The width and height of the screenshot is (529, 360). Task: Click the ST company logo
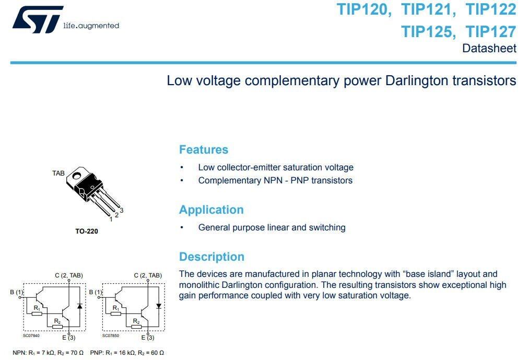coord(38,20)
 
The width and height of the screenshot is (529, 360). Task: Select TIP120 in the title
coord(364,9)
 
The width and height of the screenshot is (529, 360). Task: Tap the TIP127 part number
coord(491,31)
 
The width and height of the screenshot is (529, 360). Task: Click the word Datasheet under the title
coord(489,49)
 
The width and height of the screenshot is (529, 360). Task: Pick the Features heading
coord(203,149)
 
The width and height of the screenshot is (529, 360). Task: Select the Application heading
coord(211,210)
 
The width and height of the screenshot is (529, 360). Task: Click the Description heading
coord(211,257)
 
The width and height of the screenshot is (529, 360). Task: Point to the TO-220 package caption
coord(86,231)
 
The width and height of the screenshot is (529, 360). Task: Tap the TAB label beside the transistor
coord(58,173)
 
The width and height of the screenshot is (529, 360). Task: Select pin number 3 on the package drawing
coord(121,210)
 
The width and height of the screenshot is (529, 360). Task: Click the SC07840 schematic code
coord(31,335)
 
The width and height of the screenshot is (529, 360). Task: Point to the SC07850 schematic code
coord(110,335)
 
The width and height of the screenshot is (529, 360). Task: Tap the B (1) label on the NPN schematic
coord(17,292)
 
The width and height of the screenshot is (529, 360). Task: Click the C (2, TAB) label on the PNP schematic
coord(148,275)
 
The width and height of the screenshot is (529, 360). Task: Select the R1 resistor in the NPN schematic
coord(37,313)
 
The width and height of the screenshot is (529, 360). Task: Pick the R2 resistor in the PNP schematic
coord(136,327)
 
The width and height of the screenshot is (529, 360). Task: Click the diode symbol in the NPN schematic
coord(79,306)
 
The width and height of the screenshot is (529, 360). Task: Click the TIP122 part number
coord(491,9)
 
